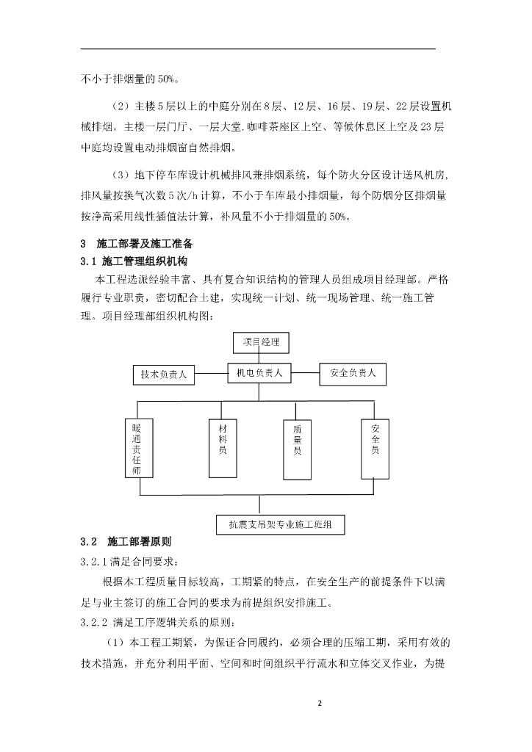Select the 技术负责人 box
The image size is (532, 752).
[x=164, y=375]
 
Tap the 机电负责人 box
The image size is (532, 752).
[x=260, y=373]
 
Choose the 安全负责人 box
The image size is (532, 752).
[x=353, y=374]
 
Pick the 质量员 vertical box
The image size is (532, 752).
[x=298, y=441]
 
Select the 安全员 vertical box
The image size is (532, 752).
[x=375, y=438]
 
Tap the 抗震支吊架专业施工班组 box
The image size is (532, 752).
[x=280, y=525]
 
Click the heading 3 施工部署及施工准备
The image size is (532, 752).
[x=137, y=243]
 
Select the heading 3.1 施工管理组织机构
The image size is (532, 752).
[x=133, y=261]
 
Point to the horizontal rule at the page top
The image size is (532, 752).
[x=257, y=49]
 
